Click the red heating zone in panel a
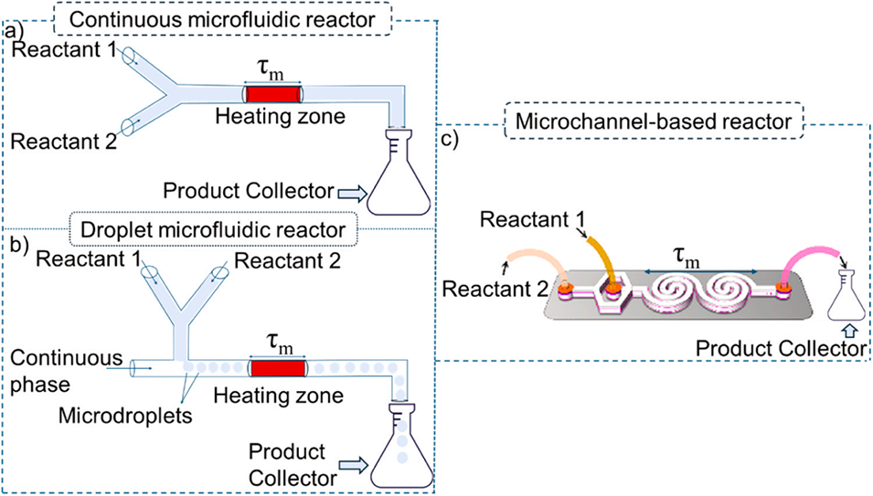271,93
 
